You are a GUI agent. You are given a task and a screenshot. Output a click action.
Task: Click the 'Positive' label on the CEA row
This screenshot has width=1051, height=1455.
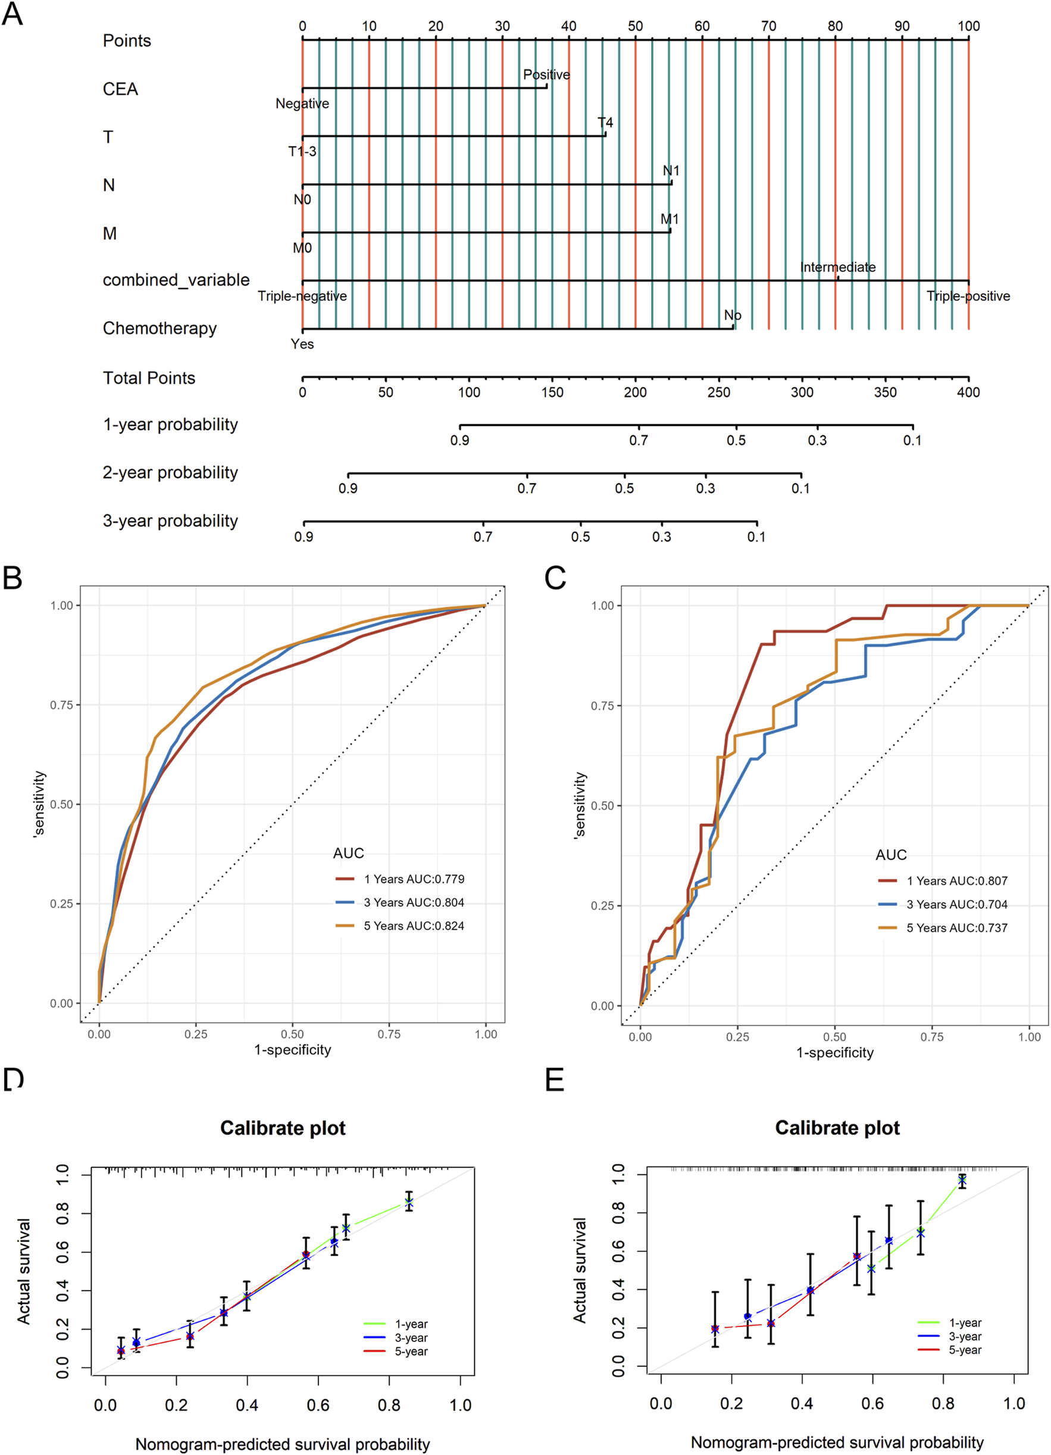click(x=546, y=75)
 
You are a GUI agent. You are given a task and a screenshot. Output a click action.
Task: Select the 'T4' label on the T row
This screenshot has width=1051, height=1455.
click(x=605, y=123)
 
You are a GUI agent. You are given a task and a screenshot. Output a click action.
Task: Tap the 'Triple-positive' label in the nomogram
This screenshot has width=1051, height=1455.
click(x=968, y=296)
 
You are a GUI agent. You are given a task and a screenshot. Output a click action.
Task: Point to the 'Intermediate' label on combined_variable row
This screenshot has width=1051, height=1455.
click(x=837, y=268)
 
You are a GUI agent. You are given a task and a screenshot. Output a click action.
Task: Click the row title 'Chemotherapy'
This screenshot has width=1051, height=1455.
click(x=159, y=328)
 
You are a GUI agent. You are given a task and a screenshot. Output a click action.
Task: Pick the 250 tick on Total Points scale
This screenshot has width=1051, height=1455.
click(x=718, y=392)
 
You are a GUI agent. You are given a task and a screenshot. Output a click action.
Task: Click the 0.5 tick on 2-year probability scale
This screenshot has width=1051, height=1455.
click(x=624, y=488)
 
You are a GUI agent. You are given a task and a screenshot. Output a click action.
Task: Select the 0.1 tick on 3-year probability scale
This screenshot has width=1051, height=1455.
click(x=756, y=537)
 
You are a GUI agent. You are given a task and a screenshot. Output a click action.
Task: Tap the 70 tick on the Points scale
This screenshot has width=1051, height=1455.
click(x=768, y=26)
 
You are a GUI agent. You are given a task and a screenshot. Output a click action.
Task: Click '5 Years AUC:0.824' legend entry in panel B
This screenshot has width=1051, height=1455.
click(x=414, y=926)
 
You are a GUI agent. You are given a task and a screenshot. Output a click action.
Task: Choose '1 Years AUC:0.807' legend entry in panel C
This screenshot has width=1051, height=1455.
click(x=956, y=881)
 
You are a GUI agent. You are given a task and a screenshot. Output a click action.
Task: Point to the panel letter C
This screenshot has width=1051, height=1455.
click(x=555, y=578)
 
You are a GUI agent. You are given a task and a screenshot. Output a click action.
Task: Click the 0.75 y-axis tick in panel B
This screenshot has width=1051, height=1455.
click(x=63, y=705)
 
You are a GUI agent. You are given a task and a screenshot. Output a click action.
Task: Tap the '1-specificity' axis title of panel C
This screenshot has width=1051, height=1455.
click(x=834, y=1053)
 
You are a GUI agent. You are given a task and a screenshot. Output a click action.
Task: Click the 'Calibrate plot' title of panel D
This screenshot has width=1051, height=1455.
click(x=283, y=1127)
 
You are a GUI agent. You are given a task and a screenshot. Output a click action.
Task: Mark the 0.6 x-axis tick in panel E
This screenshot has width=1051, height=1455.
click(x=872, y=1404)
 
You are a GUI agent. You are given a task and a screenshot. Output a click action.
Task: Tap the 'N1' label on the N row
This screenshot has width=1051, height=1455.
click(x=671, y=171)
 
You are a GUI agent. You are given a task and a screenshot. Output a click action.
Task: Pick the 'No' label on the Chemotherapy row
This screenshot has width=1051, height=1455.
click(x=733, y=316)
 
